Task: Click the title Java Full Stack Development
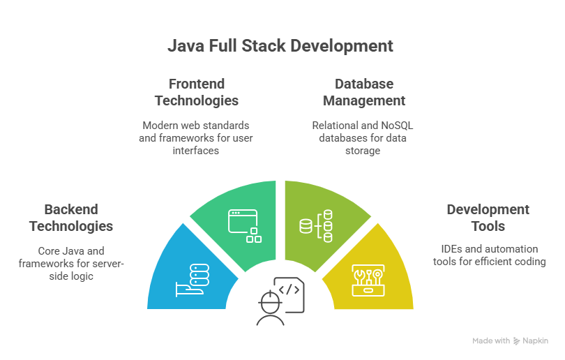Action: [x=280, y=47]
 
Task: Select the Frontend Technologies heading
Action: [x=197, y=92]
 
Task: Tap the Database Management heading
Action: [x=363, y=92]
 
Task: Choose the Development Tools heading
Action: [x=488, y=218]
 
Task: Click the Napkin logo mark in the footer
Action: [x=516, y=341]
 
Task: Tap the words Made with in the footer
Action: [x=491, y=341]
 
